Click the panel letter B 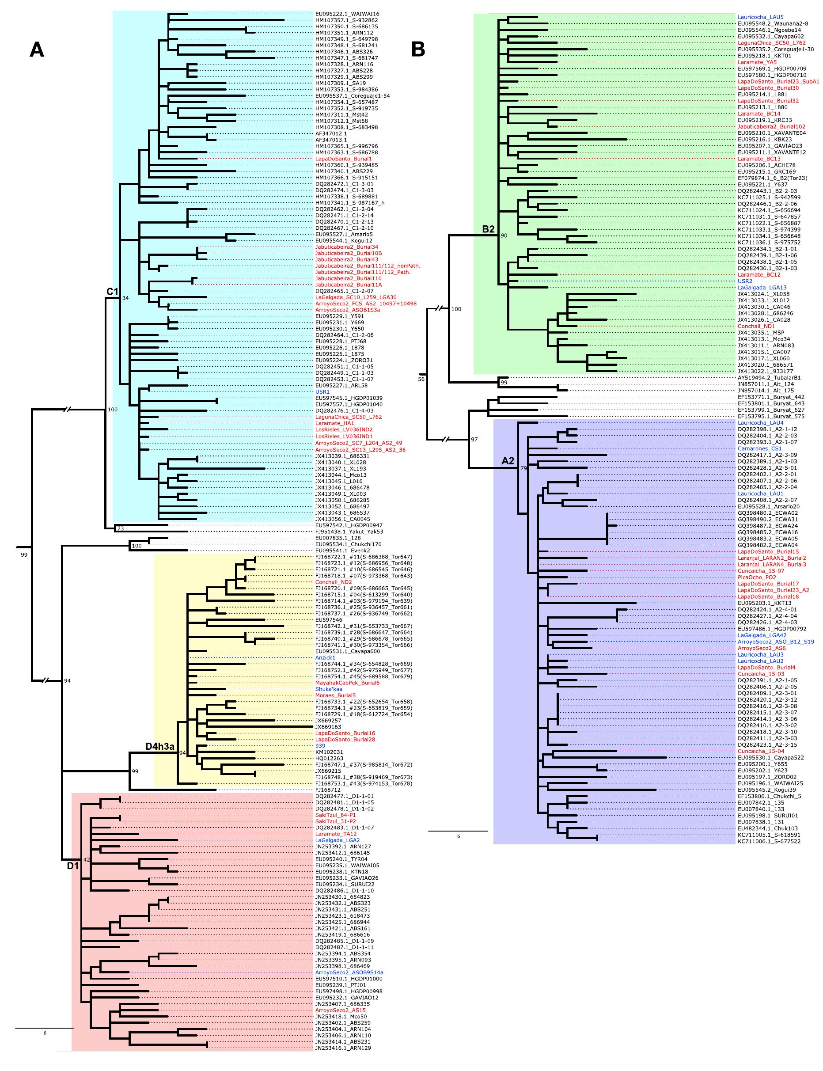pos(418,49)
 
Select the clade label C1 pos(113,292)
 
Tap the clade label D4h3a pos(160,746)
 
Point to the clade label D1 pos(72,866)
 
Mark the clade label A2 pos(508,460)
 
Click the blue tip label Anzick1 pos(325,657)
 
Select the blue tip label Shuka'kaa pos(328,689)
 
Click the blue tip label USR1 pos(322,392)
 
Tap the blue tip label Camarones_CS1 pos(759,448)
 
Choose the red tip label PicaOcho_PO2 pos(757,577)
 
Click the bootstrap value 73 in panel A pos(120,528)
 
